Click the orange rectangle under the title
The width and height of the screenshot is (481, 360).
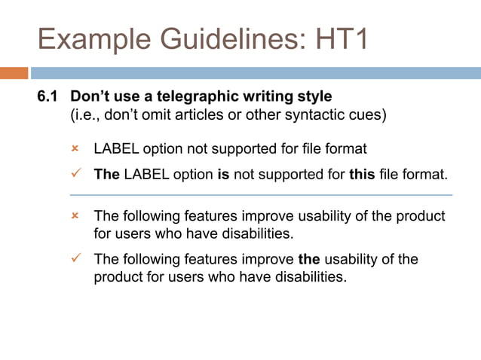click(x=14, y=73)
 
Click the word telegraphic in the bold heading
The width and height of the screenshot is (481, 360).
click(x=195, y=98)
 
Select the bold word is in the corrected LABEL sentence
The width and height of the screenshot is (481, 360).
click(x=222, y=175)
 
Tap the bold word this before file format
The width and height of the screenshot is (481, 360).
click(x=363, y=175)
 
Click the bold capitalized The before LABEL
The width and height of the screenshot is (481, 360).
click(x=106, y=175)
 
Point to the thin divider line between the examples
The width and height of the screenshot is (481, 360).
click(x=261, y=195)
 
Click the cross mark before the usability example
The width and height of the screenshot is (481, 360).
click(x=75, y=216)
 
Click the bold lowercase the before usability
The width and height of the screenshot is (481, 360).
click(x=309, y=259)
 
